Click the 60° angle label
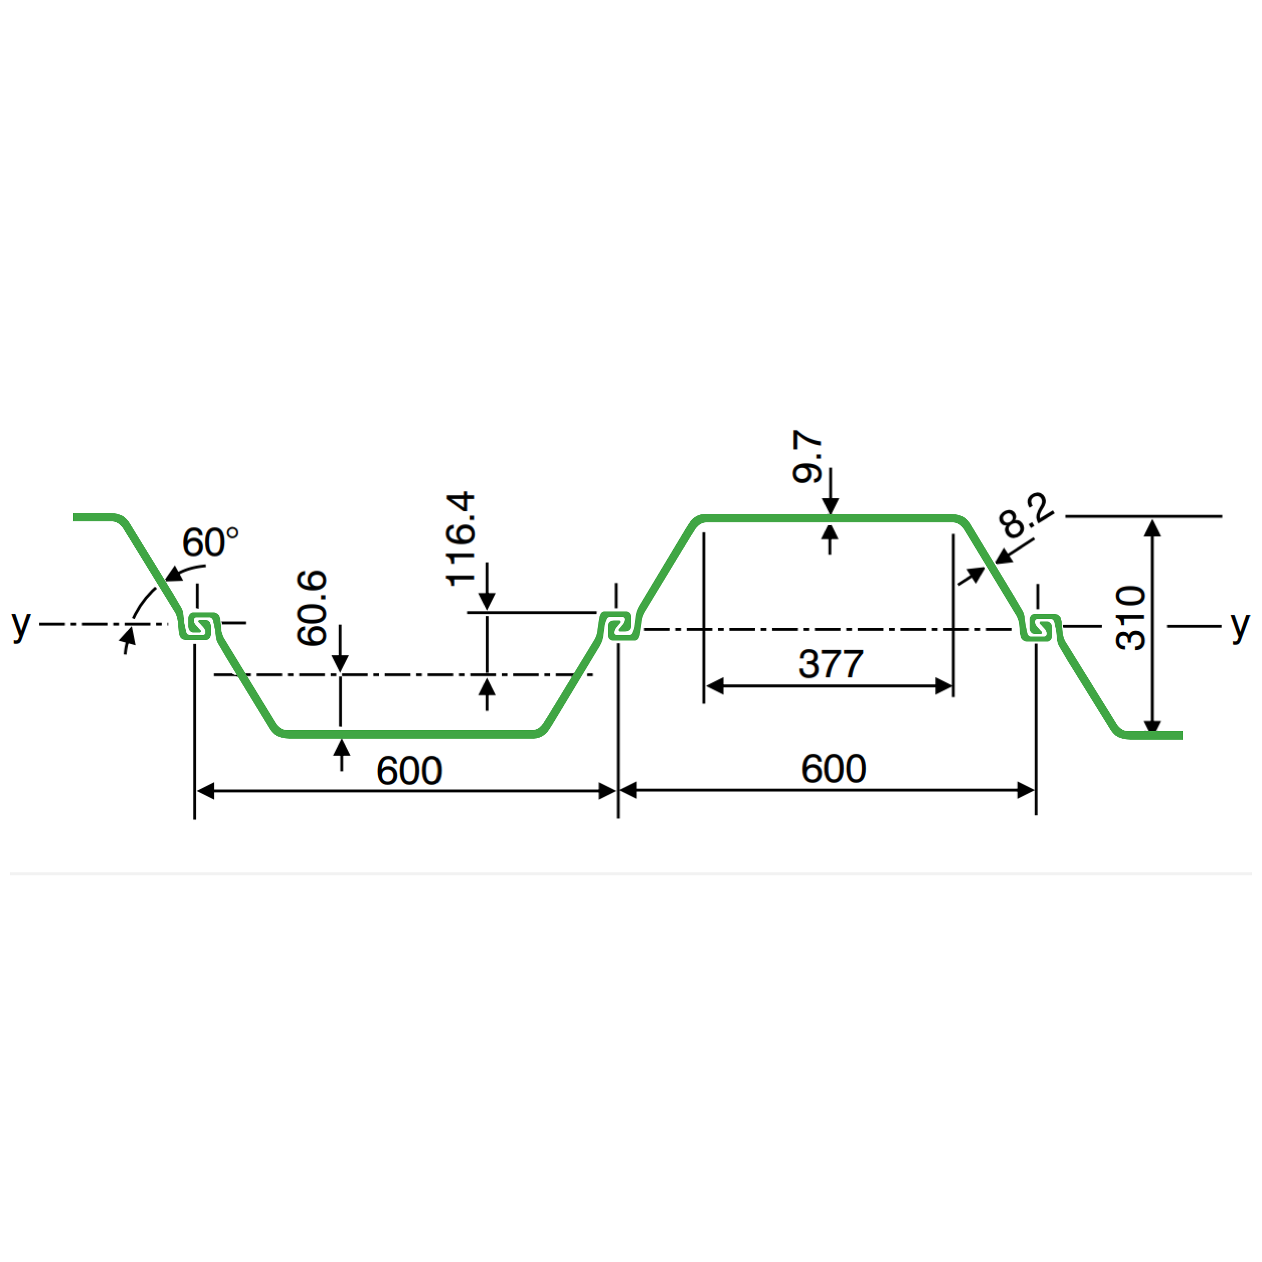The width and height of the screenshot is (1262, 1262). (210, 542)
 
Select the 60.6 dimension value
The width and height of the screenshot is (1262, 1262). (312, 608)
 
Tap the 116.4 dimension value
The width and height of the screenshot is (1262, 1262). (461, 539)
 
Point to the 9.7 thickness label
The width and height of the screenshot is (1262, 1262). (807, 457)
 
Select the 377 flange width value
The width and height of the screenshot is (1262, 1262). (831, 664)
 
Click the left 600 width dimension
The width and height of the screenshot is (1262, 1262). (410, 770)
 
